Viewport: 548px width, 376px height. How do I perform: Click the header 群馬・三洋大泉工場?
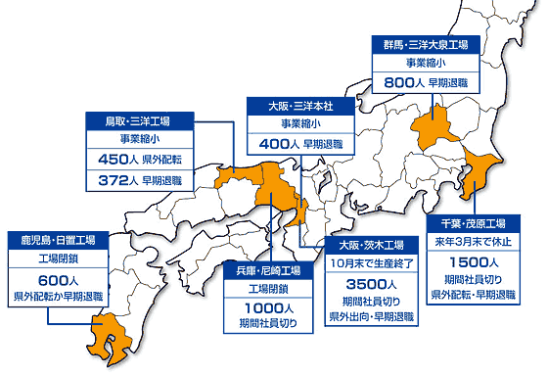424,45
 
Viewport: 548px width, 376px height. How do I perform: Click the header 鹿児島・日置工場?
52,239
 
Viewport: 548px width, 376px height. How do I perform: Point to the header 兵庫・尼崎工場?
269,268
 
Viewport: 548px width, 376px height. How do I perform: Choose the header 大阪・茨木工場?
371,244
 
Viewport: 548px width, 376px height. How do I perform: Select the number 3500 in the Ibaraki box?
364,284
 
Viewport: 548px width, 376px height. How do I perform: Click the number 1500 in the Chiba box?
467,262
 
